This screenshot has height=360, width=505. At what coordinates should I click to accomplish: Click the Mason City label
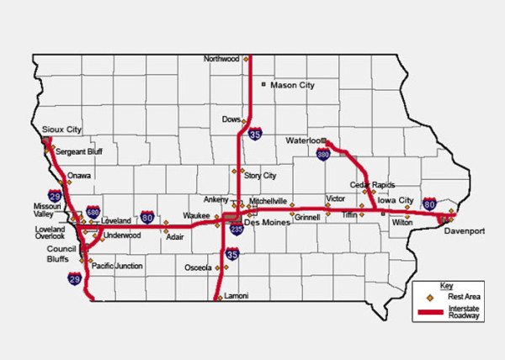[x=294, y=85]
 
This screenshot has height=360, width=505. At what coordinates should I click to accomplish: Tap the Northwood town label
[x=222, y=59]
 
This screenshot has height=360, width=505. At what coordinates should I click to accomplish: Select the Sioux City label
[x=61, y=130]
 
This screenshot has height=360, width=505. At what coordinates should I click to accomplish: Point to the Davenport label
[x=465, y=230]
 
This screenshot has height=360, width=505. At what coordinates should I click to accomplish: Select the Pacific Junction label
[x=117, y=266]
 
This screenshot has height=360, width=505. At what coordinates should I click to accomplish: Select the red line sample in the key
[x=430, y=312]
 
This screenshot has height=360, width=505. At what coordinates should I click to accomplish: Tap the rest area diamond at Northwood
[x=246, y=60]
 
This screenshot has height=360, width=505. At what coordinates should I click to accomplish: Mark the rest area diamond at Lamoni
[x=219, y=297]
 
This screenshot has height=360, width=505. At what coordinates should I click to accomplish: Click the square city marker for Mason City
[x=263, y=85]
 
